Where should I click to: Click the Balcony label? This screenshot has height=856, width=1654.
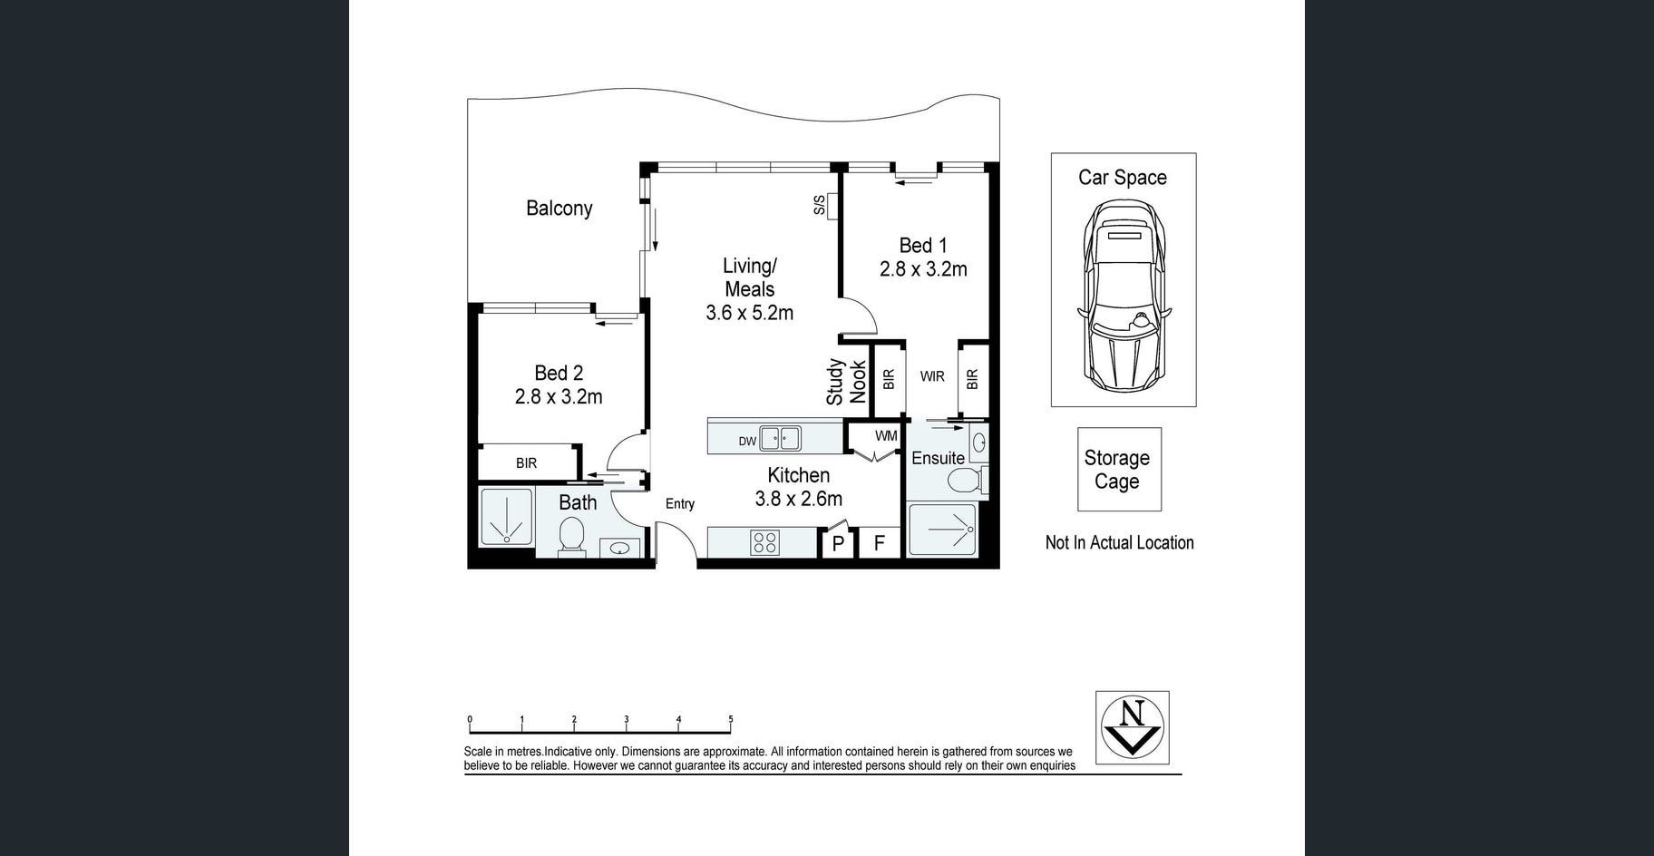pos(559,209)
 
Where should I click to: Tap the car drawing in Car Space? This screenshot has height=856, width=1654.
pos(1124,297)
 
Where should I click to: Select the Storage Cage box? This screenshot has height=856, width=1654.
pos(1119,470)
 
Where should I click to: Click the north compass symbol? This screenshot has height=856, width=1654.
pos(1132,727)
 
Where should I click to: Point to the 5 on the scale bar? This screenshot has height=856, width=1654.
pos(730,720)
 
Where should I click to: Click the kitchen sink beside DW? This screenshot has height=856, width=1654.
pos(780,439)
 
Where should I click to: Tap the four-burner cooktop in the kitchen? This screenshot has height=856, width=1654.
pos(764,542)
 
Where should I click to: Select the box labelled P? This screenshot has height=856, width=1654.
pos(838,543)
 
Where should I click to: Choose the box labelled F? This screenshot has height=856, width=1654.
pos(879,543)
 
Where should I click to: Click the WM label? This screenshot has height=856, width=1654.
pos(886,436)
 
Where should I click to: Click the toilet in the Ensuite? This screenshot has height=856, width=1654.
pos(965,479)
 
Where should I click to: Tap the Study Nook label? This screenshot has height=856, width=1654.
pos(846,382)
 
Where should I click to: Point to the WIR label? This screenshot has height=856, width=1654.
pos(932,376)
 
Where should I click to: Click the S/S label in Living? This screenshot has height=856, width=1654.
pos(820,205)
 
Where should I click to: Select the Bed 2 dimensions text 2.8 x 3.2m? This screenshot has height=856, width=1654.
pos(559,396)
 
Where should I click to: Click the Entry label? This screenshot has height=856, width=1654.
pos(680,504)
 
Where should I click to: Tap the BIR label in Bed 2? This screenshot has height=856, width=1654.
pos(526,463)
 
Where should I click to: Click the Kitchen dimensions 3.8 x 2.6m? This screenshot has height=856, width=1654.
pos(799,499)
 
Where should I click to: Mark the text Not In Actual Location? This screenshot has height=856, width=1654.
pos(1120,542)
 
